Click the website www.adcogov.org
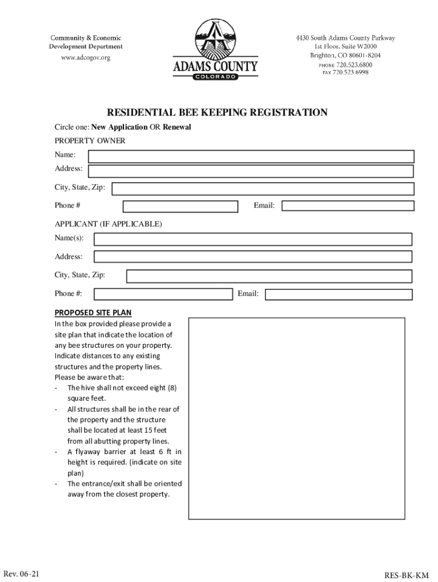tap(85, 58)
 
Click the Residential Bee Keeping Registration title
tap(217, 113)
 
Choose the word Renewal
tap(177, 127)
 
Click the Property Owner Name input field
tap(251, 156)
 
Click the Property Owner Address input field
tap(251, 171)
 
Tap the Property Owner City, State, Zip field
tap(262, 189)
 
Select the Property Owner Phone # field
tap(180, 206)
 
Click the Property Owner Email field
tap(347, 206)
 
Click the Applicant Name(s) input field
tap(253, 239)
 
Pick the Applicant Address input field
tap(253, 257)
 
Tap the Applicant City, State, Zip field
tap(269, 276)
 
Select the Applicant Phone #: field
tap(163, 294)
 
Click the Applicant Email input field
tap(339, 294)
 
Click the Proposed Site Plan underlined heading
tap(93, 313)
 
